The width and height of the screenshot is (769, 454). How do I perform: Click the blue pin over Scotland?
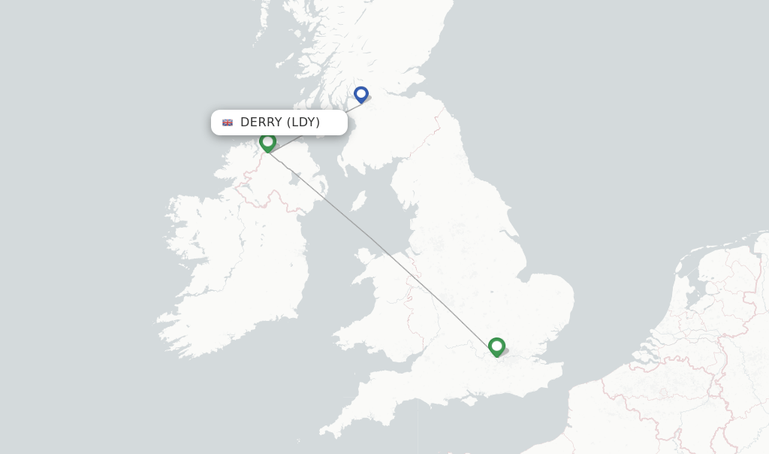pos(361,95)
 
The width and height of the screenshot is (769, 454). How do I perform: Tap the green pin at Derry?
pos(267,142)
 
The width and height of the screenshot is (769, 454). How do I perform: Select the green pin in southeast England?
pos(496,347)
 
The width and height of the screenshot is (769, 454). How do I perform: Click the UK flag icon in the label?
pos(228,123)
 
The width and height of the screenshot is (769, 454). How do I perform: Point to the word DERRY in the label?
pos(261,123)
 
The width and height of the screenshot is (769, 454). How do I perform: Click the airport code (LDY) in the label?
pos(303,123)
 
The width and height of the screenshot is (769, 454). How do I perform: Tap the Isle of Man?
pos(359,201)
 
